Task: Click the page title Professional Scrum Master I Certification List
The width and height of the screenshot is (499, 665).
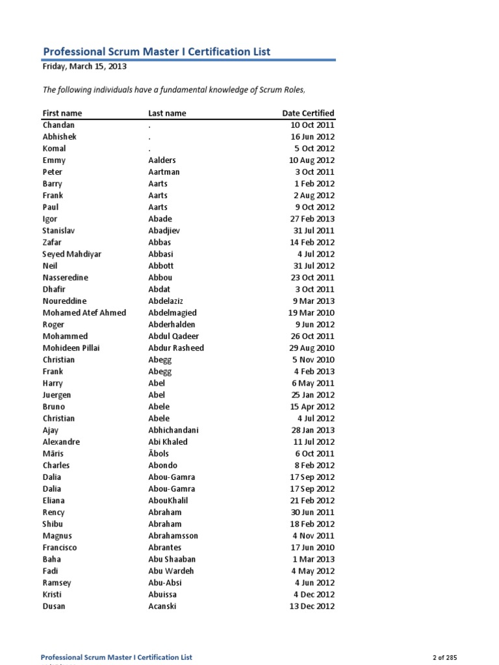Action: pos(157,51)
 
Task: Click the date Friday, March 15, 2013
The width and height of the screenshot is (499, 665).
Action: pos(84,66)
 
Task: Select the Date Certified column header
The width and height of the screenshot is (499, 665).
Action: pos(308,113)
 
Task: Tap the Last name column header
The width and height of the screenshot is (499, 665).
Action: pos(167,113)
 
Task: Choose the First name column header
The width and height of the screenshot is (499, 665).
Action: pos(62,113)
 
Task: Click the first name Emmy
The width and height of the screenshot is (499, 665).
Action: pos(54,160)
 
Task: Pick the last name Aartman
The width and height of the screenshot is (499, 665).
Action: pos(164,172)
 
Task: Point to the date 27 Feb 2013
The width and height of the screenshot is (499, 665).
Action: pos(312,219)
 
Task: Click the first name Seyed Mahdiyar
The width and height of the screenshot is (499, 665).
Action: pos(72,254)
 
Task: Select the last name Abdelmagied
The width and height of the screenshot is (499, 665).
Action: pos(172,312)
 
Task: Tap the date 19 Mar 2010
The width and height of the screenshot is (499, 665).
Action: pos(311,312)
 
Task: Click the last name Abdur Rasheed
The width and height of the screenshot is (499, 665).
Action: pos(176,347)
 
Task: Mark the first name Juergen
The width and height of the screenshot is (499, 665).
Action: pos(57,395)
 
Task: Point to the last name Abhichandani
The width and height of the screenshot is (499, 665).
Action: pos(173,430)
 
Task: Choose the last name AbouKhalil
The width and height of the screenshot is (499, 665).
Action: pos(168,500)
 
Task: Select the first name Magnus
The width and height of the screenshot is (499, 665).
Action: pos(57,536)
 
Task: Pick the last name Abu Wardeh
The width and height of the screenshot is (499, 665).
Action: pos(171,571)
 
